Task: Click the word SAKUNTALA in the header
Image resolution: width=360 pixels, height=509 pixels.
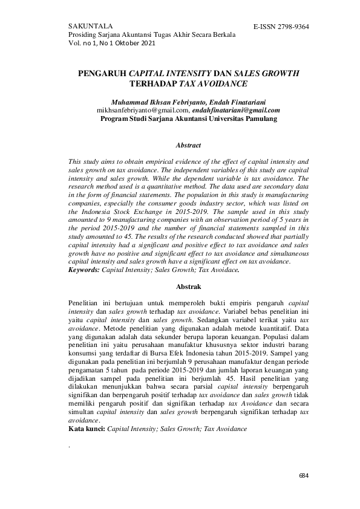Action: tap(88, 27)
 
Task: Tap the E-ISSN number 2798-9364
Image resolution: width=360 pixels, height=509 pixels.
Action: tap(287, 27)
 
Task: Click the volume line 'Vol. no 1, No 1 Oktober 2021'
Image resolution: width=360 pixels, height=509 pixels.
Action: tap(113, 44)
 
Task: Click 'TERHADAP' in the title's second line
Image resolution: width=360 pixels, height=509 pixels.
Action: tap(154, 83)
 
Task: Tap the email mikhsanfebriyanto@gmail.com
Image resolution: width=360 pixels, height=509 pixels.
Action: tap(142, 111)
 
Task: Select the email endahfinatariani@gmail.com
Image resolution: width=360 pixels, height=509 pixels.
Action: tap(236, 111)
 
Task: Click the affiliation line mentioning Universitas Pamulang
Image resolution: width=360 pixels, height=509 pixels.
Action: tap(188, 119)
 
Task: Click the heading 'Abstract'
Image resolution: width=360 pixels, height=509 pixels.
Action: tap(188, 146)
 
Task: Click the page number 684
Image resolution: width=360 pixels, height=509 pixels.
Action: tap(304, 476)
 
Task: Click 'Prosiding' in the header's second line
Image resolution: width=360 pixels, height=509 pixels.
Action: tap(85, 36)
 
